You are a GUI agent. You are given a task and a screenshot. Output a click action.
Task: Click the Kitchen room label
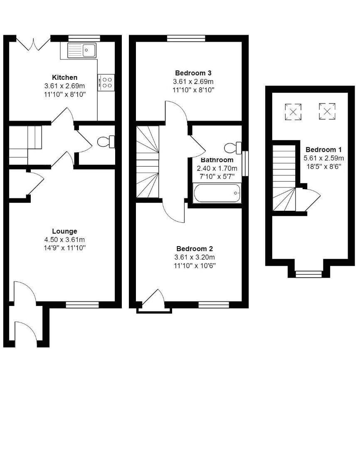(64, 77)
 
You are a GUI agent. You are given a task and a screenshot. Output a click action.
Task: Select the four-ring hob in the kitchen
(106, 81)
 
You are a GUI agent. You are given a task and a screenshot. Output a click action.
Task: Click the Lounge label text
(64, 231)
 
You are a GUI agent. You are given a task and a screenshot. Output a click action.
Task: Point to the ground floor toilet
(106, 142)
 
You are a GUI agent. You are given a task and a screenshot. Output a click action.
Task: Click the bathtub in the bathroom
(217, 193)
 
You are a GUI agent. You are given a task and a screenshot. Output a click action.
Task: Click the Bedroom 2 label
(194, 249)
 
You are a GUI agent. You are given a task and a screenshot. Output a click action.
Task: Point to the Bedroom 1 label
(324, 150)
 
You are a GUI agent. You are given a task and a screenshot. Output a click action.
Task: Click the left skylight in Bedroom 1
(293, 111)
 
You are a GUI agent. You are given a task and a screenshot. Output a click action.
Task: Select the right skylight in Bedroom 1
(327, 111)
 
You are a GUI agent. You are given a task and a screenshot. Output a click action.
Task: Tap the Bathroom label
(217, 160)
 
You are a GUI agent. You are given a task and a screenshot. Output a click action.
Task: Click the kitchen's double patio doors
(33, 43)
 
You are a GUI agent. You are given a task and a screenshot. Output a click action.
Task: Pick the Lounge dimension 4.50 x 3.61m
(64, 239)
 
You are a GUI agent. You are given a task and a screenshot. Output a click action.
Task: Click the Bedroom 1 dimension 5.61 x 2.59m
(325, 158)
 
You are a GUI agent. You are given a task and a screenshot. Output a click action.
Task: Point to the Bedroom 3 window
(186, 38)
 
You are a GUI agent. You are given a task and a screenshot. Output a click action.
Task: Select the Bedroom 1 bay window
(308, 274)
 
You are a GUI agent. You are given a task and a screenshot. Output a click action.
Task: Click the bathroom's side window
(245, 163)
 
